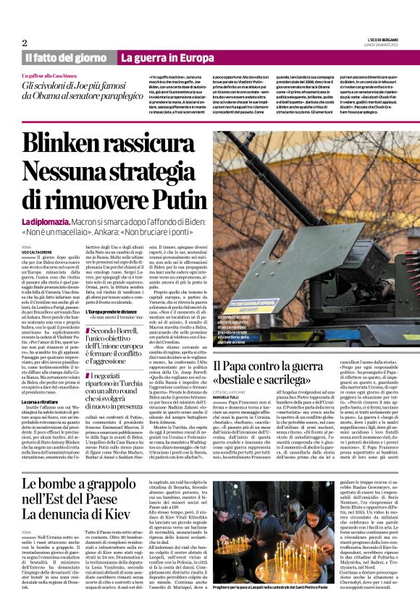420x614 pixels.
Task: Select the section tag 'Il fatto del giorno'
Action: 67,57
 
